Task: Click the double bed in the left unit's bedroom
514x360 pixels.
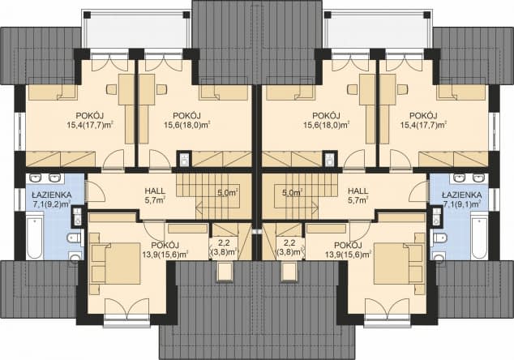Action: coord(116,264)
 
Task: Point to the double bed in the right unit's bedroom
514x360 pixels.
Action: coord(398,264)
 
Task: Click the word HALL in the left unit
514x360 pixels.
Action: coord(155,191)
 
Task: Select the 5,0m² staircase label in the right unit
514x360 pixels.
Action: coord(293,193)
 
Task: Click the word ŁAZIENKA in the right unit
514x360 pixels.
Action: coord(462,195)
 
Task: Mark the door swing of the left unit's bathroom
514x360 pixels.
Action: coord(94,191)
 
